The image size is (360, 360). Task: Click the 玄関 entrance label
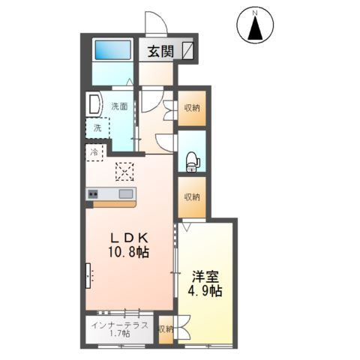(x=160, y=52)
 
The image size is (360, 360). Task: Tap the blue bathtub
(x=112, y=50)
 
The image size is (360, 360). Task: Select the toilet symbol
(x=193, y=162)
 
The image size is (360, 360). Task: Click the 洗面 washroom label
(x=119, y=106)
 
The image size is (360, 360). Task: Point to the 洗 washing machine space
(x=97, y=127)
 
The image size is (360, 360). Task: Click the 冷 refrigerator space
(x=94, y=152)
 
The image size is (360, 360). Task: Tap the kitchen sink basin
(x=126, y=193)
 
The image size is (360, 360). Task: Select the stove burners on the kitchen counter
(x=93, y=194)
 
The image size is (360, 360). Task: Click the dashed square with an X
(x=124, y=172)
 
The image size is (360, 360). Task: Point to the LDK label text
(x=129, y=238)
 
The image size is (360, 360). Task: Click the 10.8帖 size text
(x=129, y=252)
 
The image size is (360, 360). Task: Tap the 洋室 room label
(x=205, y=277)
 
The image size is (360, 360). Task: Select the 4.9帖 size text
(x=205, y=290)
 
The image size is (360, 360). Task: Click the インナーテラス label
(x=119, y=325)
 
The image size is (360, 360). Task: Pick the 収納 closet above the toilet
(x=192, y=108)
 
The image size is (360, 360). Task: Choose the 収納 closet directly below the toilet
(x=192, y=197)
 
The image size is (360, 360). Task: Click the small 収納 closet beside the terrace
(x=166, y=329)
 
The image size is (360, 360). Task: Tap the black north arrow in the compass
(x=255, y=28)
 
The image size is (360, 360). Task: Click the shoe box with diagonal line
(x=187, y=51)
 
